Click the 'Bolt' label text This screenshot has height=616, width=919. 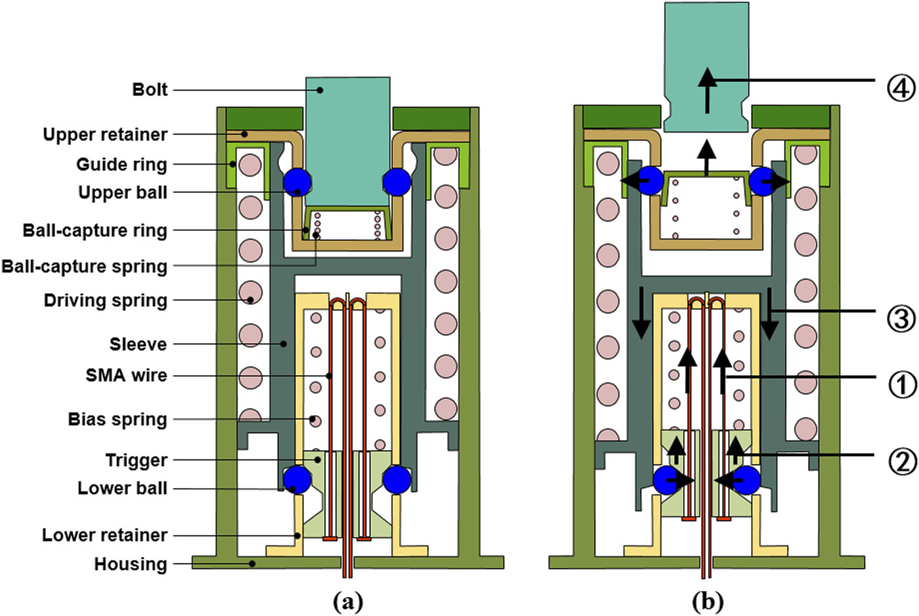coord(150,89)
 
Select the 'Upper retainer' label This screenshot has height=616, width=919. coord(105,134)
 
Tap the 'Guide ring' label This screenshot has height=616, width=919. coord(121,164)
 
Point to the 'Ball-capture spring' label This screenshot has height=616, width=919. coord(84,266)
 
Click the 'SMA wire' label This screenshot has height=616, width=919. coord(126,375)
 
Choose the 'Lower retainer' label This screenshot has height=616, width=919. coord(104,535)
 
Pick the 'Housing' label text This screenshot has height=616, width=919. coord(130,564)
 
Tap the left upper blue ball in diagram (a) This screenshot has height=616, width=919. coord(297,182)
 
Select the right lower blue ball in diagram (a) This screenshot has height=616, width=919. coord(396,480)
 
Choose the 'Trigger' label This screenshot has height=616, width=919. coord(136,460)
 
